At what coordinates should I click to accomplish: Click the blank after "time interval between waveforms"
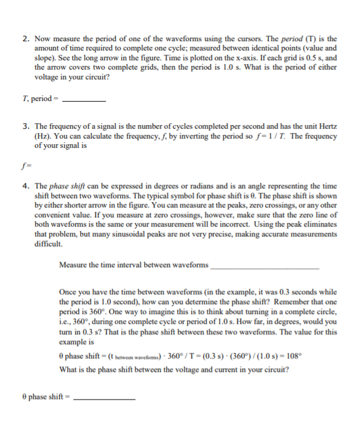265,267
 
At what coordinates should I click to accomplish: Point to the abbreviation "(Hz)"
43,136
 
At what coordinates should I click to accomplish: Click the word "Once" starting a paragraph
68,292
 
